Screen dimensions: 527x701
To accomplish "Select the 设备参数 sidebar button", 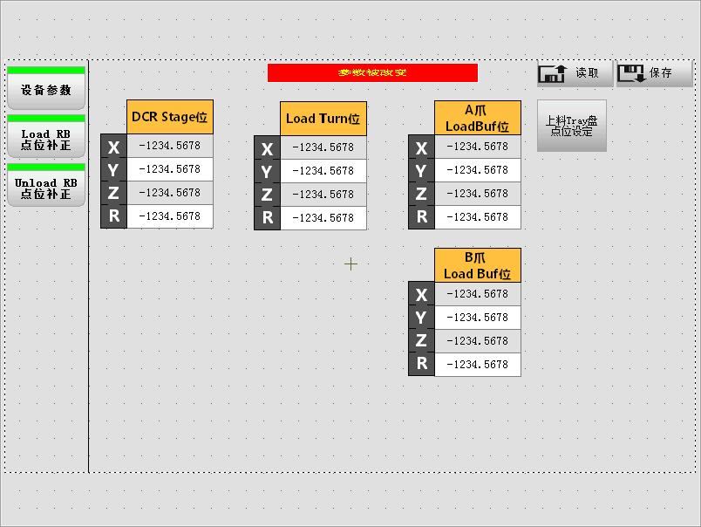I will tap(46, 90).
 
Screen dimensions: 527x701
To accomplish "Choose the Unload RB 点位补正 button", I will tap(46, 188).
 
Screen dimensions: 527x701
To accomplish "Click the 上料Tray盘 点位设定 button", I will tap(571, 127).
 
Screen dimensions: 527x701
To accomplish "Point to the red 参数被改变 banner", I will tap(372, 72).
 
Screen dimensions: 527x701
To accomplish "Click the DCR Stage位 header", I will tap(170, 117).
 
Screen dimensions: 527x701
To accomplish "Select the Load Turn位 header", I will tap(323, 119).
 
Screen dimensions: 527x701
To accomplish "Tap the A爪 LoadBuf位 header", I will tap(477, 118).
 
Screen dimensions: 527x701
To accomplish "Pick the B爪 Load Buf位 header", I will tap(477, 265).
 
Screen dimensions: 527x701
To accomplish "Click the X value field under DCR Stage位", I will tap(169, 146).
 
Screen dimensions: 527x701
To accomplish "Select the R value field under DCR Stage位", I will tap(169, 216).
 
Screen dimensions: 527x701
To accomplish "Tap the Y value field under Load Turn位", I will tap(323, 171).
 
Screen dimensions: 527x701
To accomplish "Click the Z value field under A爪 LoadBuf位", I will tap(477, 194).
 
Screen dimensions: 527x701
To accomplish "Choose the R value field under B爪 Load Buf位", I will tap(477, 365).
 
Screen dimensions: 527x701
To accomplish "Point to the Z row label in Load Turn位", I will tap(267, 195).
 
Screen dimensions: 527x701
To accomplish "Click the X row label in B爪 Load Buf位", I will tap(421, 294).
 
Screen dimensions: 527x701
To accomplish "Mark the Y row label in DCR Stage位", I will tap(113, 169).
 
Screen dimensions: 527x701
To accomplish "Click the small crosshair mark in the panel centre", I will tap(350, 263).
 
